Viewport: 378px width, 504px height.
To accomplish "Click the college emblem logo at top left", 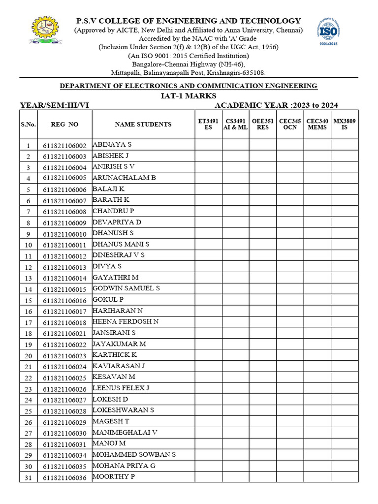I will pos(45,31).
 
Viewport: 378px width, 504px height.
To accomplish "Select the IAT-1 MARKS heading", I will pos(189,95).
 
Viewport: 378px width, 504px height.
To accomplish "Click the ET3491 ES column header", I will pos(208,124).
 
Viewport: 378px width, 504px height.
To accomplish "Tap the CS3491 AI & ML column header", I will pos(235,124).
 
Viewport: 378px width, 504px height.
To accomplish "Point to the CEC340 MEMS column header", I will pos(317,124).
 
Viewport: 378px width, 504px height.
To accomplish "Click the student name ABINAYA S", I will pos(112,145).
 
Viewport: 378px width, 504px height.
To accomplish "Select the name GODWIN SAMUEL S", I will pos(126,288).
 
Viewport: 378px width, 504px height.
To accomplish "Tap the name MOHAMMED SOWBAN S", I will pos(134,454).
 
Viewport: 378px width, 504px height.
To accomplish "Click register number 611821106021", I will pos(64,334).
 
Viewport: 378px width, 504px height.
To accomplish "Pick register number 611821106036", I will pos(64,477).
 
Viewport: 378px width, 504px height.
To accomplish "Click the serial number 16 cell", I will pos(29,312).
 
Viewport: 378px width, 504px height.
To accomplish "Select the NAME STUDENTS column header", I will pos(143,125).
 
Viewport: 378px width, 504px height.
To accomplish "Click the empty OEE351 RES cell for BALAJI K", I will pos(262,189).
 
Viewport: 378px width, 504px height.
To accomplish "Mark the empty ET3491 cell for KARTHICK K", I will pos(208,355).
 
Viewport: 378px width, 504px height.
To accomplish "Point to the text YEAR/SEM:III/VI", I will pos(55,105).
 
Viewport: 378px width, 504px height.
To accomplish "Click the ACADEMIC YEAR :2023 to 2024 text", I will pos(276,105).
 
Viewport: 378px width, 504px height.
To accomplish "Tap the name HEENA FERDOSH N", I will pos(126,322).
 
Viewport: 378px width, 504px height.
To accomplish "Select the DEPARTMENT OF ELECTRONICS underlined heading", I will pos(189,86).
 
